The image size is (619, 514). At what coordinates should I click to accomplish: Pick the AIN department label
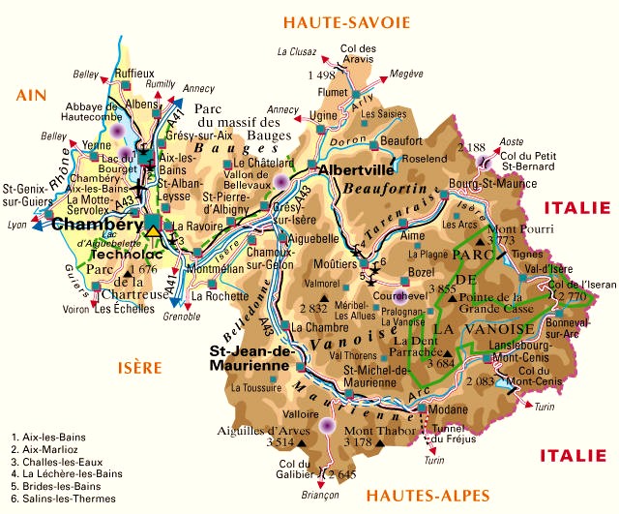32,94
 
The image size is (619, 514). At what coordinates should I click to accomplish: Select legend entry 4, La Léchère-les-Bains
73,474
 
